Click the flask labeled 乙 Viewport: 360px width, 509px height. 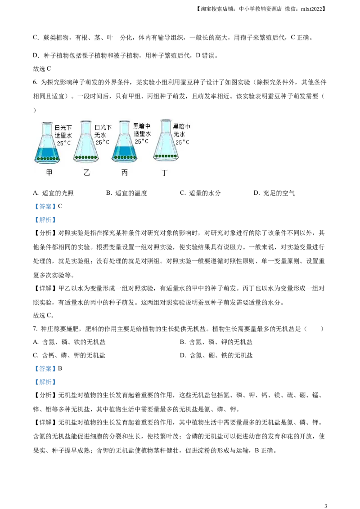tap(86, 142)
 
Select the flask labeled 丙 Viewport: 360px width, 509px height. tap(125, 141)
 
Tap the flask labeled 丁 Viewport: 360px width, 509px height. tap(166, 141)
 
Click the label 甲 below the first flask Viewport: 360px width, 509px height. tap(49, 173)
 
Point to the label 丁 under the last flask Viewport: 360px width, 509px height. tap(165, 173)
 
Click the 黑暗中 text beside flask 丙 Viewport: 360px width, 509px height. tap(142, 126)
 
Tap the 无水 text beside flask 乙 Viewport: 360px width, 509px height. tap(100, 135)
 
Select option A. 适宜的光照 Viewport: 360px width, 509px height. tap(53, 193)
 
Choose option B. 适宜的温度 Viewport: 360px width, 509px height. tap(126, 193)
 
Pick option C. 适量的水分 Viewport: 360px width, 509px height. tap(200, 193)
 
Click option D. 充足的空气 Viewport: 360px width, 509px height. tap(274, 193)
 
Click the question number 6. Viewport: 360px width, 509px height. tap(35, 82)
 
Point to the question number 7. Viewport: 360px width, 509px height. tap(35, 329)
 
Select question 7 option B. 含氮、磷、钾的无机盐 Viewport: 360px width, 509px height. tap(216, 342)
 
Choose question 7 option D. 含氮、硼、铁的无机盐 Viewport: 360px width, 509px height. tap(216, 356)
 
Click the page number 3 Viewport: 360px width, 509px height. tap(325, 505)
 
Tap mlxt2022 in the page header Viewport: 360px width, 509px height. tap(311, 9)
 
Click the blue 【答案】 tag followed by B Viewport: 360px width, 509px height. tap(45, 369)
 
